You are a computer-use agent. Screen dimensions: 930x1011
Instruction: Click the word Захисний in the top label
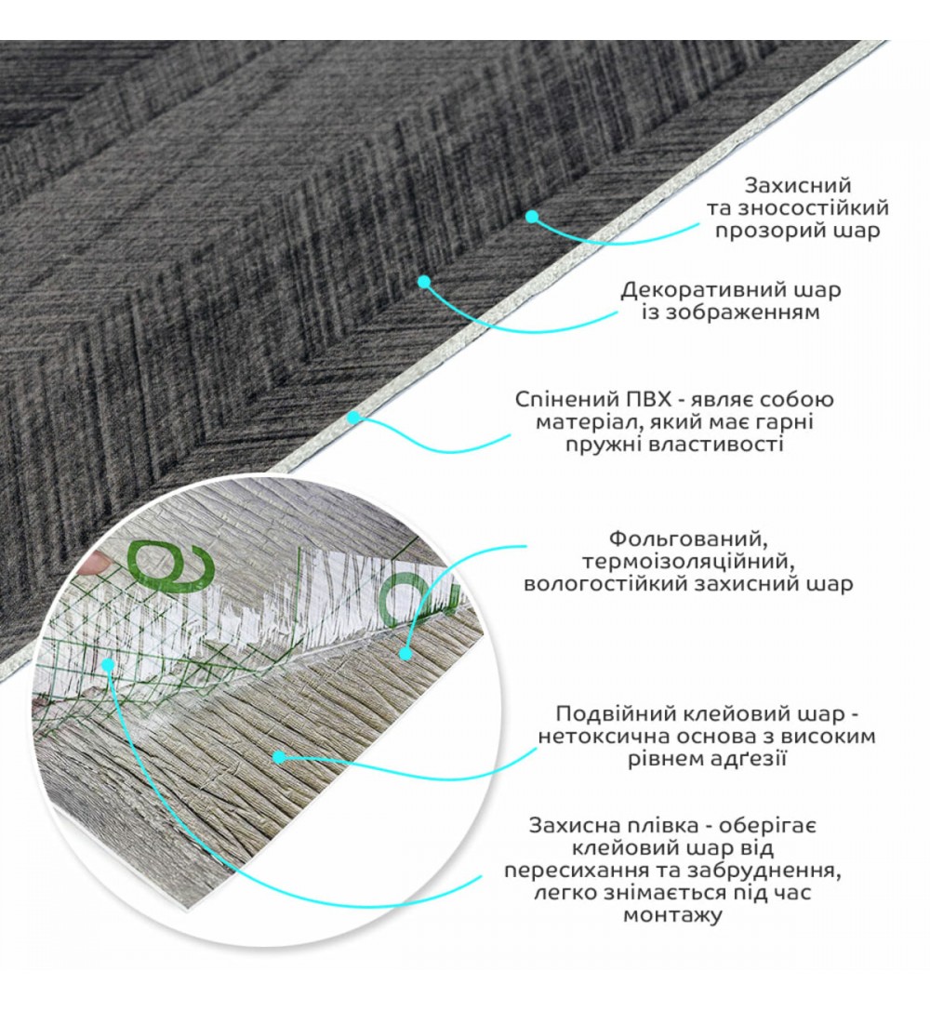click(x=798, y=185)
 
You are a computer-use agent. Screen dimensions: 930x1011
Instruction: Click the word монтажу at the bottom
click(x=671, y=915)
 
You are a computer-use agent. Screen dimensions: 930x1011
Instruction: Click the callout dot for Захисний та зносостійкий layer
click(x=532, y=217)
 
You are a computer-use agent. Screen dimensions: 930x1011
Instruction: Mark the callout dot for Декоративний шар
click(x=423, y=282)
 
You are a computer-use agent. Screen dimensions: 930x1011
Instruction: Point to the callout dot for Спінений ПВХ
click(x=352, y=418)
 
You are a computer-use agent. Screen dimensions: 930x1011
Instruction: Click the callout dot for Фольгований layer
click(x=405, y=653)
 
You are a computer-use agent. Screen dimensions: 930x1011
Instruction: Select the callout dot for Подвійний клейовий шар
click(x=279, y=757)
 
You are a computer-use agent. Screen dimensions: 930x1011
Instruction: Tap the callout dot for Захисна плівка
click(x=109, y=663)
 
